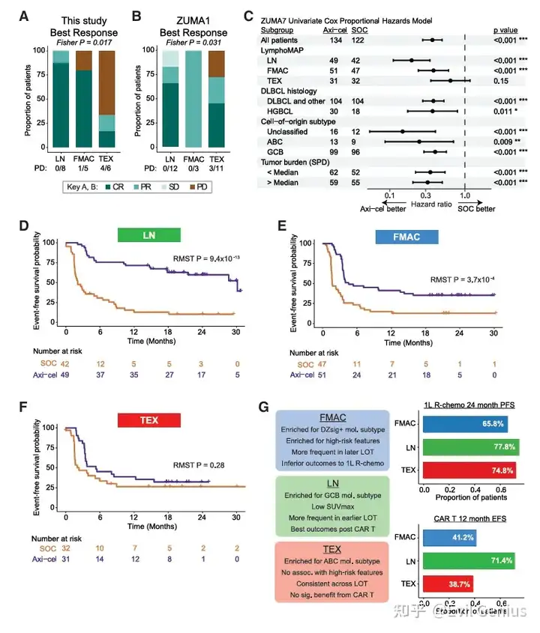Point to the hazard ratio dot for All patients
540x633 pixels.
pos(432,39)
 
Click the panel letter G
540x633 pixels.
pos(262,408)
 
